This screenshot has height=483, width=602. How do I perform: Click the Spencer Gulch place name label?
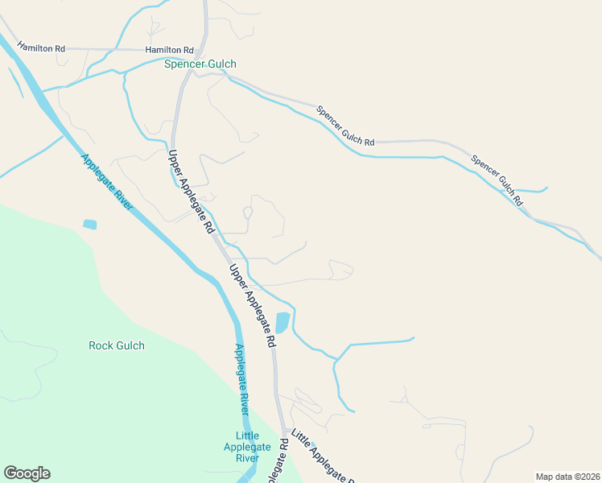[x=200, y=64]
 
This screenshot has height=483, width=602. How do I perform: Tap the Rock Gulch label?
[x=117, y=345]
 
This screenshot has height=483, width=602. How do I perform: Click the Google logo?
[x=27, y=473]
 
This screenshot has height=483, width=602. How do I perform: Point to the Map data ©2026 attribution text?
[x=567, y=476]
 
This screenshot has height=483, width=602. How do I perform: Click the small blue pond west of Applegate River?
[x=89, y=224]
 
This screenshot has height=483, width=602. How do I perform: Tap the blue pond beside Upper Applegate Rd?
[x=282, y=323]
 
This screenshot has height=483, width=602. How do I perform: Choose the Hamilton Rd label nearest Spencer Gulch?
[x=170, y=50]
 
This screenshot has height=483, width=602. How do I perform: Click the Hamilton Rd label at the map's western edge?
[x=41, y=48]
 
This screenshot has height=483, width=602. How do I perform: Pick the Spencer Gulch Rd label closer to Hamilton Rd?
[x=345, y=126]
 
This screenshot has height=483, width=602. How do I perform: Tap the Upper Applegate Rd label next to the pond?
[x=252, y=305]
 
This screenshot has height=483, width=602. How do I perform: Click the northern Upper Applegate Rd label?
[x=190, y=192]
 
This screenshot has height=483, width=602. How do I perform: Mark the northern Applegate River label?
[x=106, y=183]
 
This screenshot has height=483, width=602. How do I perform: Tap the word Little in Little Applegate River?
[x=248, y=436]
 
